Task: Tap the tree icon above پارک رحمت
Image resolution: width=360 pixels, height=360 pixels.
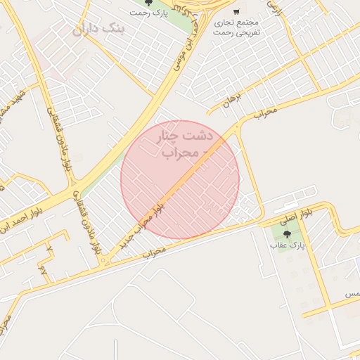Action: [148, 3]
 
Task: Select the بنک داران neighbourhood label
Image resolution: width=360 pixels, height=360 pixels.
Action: [98, 30]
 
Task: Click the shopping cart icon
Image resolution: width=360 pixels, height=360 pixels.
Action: [236, 12]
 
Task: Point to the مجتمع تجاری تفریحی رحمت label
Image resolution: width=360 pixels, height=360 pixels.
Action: [236, 27]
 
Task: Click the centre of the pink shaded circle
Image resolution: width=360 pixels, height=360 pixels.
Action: [180, 179]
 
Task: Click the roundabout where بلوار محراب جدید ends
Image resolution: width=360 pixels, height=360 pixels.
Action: [103, 262]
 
